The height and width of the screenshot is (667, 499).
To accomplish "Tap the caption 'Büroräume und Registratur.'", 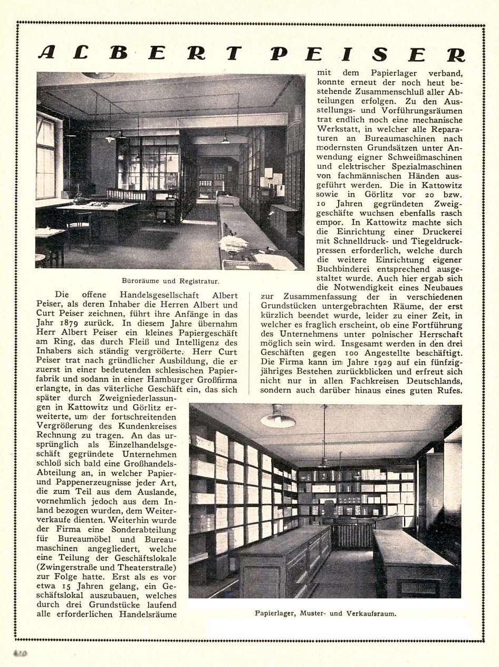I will [170, 281].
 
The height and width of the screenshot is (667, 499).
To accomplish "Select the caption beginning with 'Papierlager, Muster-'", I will [325, 614].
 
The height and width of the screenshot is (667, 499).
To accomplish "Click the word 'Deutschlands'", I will [430, 381].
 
